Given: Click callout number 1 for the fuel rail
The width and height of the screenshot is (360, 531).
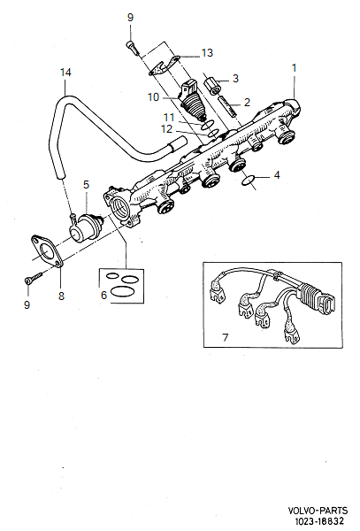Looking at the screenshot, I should pos(295,67).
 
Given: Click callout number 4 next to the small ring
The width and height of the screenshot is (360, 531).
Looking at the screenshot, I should pos(276,175).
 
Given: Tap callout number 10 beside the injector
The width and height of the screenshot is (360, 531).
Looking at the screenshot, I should pos(152,96).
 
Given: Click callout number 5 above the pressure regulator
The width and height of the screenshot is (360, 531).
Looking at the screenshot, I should pos(86,184).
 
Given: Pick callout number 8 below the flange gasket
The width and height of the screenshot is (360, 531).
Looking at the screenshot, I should pos(61,296).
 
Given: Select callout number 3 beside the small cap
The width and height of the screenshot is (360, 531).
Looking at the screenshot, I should pos(235,78).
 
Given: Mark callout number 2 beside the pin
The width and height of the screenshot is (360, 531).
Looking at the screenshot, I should pos(247,102).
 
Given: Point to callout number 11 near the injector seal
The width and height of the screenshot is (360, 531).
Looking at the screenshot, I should pos(168,117).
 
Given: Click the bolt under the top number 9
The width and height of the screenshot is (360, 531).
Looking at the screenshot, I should pos(131,41).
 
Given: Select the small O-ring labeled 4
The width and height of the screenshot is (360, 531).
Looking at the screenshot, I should pos(250,181).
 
